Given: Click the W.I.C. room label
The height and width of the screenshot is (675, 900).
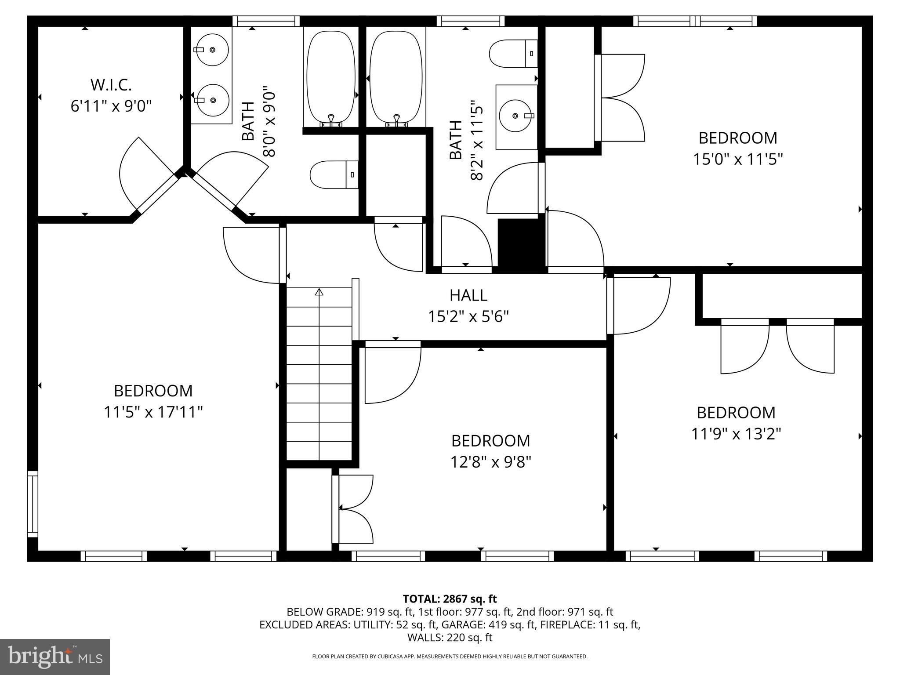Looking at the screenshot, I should tap(111, 85).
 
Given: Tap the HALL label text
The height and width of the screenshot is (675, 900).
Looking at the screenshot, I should tap(468, 295).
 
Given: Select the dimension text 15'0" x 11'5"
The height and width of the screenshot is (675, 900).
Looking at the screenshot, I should tap(738, 159).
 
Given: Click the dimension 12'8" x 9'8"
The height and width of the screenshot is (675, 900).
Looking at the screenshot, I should tap(490, 462).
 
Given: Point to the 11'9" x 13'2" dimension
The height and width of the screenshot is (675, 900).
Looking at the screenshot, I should tap(736, 434).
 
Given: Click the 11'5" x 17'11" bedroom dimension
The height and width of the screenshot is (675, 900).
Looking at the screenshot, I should tap(153, 412).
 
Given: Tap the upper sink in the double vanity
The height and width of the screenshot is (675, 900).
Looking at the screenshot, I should tap(212, 50).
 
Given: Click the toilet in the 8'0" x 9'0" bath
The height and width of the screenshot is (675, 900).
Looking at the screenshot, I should tap(334, 174).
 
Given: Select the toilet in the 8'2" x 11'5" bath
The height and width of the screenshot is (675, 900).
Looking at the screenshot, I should tap(513, 54).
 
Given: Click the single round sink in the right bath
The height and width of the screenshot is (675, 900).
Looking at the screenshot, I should tap(517, 116).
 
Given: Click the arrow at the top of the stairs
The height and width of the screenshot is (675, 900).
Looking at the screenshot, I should tap(319, 292).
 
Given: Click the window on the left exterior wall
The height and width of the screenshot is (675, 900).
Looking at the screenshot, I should tap(33, 504).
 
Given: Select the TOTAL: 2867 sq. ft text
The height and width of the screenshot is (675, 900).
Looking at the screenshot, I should tap(450, 599).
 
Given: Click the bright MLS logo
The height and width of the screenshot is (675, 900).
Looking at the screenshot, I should tap(55, 657).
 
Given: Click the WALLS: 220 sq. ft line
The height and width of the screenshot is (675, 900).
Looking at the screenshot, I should tap(450, 637).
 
